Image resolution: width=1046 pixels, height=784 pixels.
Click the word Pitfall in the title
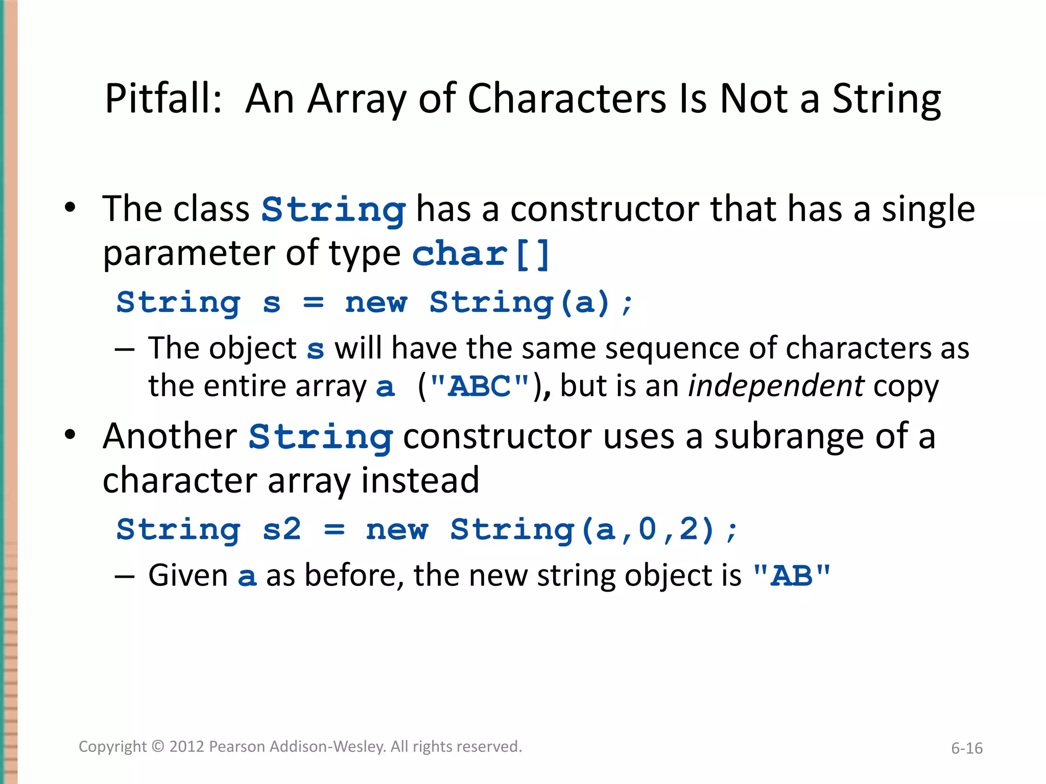click(x=162, y=99)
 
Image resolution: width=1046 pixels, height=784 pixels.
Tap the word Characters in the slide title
click(x=567, y=99)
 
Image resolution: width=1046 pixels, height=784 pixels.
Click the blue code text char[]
click(x=481, y=254)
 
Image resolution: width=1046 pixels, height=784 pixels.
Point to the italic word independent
click(x=776, y=386)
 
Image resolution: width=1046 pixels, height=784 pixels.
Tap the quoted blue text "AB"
click(x=792, y=576)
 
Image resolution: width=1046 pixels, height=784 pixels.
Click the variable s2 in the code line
click(x=281, y=529)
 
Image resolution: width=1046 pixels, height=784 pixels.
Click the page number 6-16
click(x=966, y=748)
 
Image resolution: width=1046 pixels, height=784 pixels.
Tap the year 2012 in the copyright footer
click(x=187, y=747)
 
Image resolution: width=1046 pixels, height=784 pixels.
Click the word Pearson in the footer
click(x=237, y=747)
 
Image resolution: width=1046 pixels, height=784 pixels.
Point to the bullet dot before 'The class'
click(x=70, y=208)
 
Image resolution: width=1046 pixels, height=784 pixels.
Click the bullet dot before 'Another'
click(x=70, y=435)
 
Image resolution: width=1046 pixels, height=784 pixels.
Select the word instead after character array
click(x=420, y=481)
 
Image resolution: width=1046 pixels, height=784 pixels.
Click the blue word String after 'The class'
click(x=334, y=210)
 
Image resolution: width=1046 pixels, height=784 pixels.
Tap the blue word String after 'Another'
click(x=321, y=437)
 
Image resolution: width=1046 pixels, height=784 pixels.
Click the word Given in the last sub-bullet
click(x=188, y=576)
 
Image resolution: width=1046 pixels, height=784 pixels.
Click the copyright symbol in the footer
click(x=158, y=747)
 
